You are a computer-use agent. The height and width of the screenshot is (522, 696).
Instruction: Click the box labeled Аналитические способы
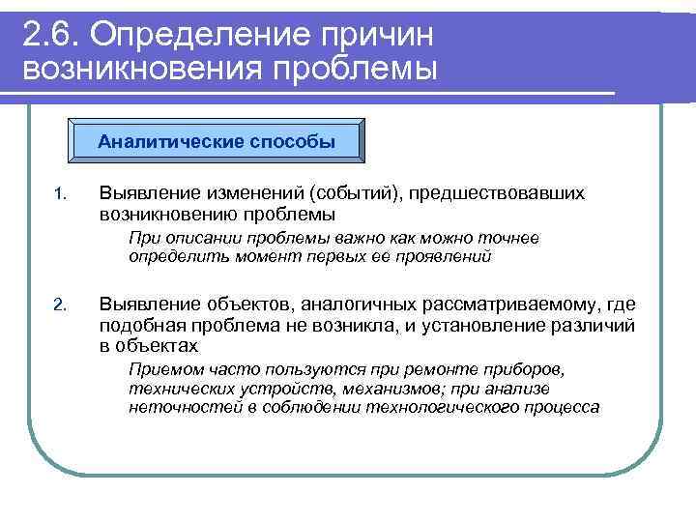pos(217,142)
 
